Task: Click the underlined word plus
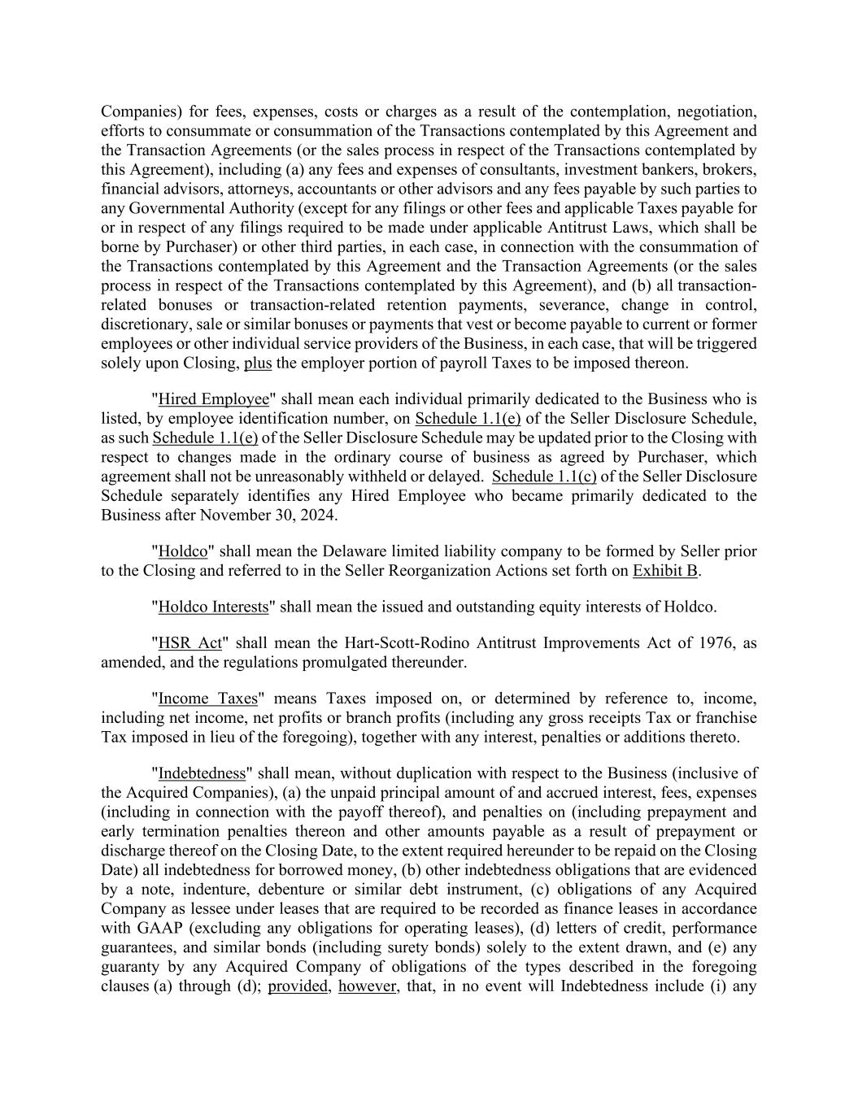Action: tap(258, 363)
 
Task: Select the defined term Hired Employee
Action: tap(213, 398)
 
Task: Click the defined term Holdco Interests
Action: tap(213, 606)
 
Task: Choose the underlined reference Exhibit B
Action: tap(665, 570)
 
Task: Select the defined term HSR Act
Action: tap(189, 642)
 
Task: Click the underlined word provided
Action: tap(298, 986)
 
